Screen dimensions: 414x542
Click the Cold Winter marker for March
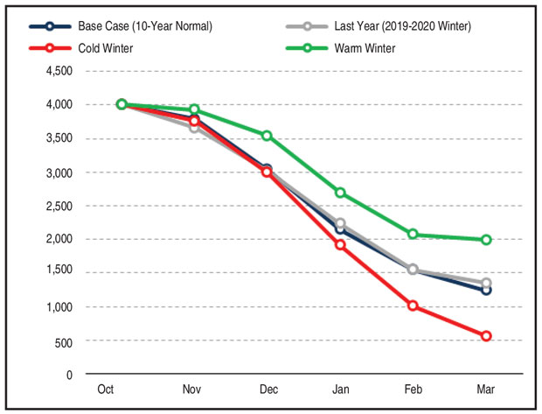click(486, 336)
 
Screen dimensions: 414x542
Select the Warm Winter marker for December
click(267, 136)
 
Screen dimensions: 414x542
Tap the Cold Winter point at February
click(413, 305)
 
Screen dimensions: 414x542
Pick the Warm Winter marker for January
click(340, 193)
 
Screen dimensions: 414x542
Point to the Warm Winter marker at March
click(486, 240)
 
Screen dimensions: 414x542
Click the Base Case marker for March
click(486, 290)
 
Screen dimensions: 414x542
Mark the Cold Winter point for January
click(340, 245)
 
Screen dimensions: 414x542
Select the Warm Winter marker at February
click(413, 235)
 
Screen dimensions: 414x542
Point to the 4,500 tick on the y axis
click(59, 71)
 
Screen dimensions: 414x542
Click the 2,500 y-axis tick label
click(59, 206)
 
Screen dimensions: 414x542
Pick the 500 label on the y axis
click(64, 341)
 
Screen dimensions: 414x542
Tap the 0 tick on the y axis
click(69, 375)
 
